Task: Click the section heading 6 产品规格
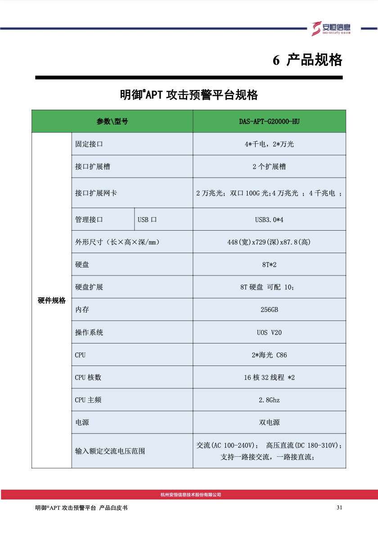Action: click(308, 60)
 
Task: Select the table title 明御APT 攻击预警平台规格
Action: click(189, 95)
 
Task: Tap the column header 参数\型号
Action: click(112, 121)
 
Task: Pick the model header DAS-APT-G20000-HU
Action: click(269, 121)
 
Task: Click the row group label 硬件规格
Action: click(51, 300)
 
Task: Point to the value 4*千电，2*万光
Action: click(269, 144)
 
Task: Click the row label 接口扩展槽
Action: click(92, 166)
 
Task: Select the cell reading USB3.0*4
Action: click(269, 219)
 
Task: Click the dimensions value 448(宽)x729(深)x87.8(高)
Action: click(269, 242)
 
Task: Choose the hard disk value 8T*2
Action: click(269, 264)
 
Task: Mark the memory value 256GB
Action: click(269, 310)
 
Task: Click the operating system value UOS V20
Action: click(269, 332)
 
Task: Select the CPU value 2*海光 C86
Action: click(269, 355)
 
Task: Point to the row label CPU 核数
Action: click(88, 377)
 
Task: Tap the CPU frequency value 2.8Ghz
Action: click(269, 400)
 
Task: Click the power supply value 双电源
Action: click(269, 423)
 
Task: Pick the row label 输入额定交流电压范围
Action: click(110, 451)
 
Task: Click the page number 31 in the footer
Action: click(339, 508)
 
